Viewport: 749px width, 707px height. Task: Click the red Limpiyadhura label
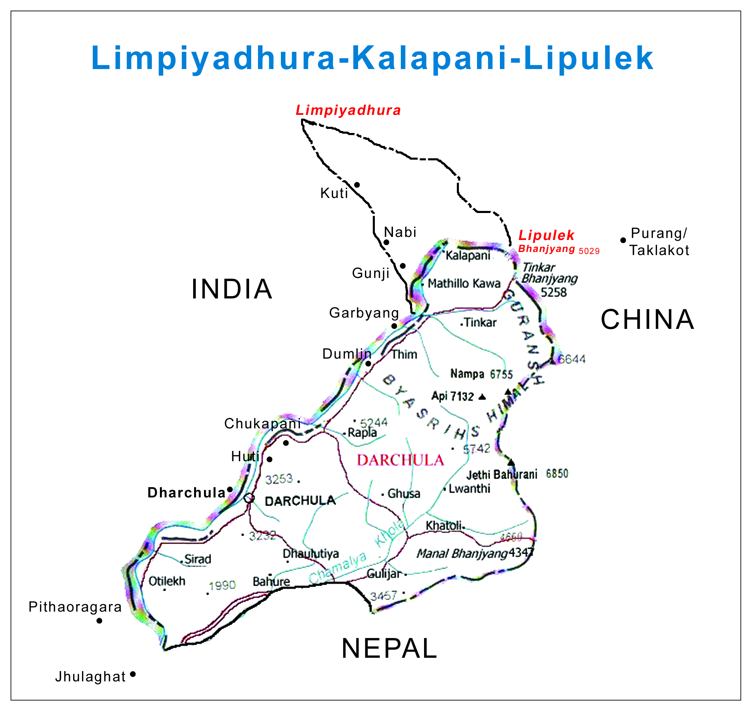point(348,110)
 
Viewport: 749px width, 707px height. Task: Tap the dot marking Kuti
point(357,185)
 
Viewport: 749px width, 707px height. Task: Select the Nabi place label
point(400,232)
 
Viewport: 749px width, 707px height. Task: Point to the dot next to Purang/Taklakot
point(623,240)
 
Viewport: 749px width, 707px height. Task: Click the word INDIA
point(232,290)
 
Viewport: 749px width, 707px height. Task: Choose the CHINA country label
point(647,320)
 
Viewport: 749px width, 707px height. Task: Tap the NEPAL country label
point(389,649)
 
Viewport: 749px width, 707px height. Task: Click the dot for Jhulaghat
point(133,674)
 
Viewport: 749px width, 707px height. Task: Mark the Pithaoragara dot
point(99,621)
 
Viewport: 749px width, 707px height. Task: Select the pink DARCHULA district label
point(400,461)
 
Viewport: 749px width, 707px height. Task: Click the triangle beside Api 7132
point(482,397)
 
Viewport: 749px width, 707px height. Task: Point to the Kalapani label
point(468,255)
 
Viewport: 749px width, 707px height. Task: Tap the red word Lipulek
point(546,235)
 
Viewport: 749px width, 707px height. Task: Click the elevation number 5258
point(554,292)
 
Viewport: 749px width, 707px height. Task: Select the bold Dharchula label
point(187,493)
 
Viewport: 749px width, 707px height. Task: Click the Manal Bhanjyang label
point(462,553)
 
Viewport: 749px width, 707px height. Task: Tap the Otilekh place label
point(167,581)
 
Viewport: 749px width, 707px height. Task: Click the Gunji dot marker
point(403,266)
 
